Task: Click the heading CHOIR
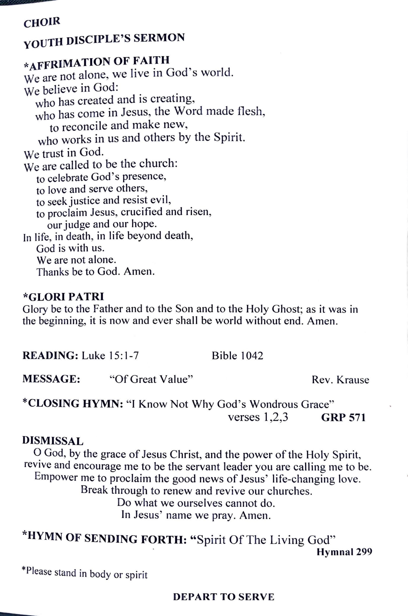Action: point(42,22)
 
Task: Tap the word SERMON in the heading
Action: point(159,38)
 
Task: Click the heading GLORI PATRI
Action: point(64,296)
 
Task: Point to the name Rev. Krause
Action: point(340,380)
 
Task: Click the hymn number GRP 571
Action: point(343,417)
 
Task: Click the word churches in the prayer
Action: point(289,491)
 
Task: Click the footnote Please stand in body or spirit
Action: point(85,573)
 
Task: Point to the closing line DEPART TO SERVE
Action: point(223,597)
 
